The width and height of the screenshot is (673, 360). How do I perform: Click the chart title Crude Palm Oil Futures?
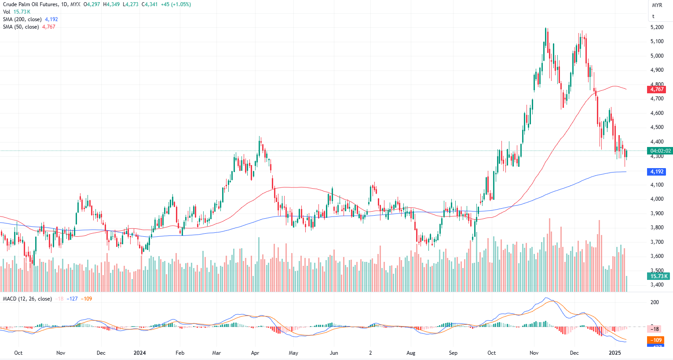(x=30, y=4)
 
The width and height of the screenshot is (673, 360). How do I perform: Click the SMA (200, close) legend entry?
(x=22, y=19)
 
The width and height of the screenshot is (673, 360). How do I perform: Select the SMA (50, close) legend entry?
(x=21, y=27)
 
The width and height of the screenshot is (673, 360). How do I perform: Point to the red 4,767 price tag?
(x=657, y=89)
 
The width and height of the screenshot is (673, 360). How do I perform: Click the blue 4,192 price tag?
(x=657, y=172)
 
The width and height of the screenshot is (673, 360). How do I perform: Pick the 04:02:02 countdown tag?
(x=660, y=151)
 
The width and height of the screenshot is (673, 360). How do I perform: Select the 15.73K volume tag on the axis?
(x=658, y=276)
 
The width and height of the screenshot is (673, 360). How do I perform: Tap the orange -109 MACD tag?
(x=657, y=340)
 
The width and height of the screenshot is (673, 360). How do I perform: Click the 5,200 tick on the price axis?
(x=657, y=27)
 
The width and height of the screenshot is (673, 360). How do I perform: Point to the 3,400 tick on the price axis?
(x=657, y=285)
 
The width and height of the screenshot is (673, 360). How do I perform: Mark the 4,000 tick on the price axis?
(x=657, y=199)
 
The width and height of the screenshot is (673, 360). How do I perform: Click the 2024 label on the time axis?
(x=139, y=353)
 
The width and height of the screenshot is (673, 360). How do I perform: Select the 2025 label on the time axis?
(x=614, y=353)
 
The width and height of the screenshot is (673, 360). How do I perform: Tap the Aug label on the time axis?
(x=411, y=353)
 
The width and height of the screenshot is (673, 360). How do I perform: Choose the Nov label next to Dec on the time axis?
(x=534, y=353)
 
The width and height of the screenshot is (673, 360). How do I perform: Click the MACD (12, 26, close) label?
(x=27, y=299)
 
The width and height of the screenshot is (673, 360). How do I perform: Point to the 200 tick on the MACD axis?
(x=655, y=302)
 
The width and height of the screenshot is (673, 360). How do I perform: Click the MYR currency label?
(x=657, y=5)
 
